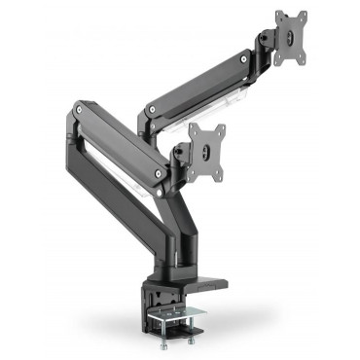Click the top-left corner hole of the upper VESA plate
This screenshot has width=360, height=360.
click(278, 17)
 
